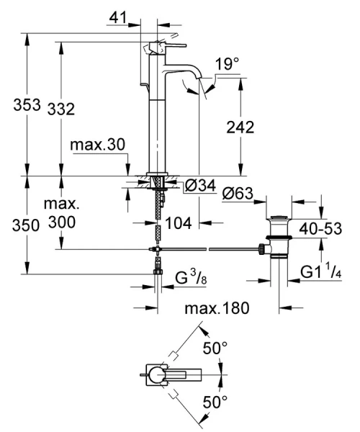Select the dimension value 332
pyautogui.click(x=62, y=108)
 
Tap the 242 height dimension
pyautogui.click(x=240, y=127)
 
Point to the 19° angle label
pyautogui.click(x=227, y=65)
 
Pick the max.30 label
pyautogui.click(x=99, y=145)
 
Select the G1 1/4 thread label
pyautogui.click(x=322, y=271)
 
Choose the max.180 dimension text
pyautogui.click(x=216, y=309)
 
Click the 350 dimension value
pyautogui.click(x=17, y=225)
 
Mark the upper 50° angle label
pyautogui.click(x=215, y=348)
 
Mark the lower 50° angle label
pyautogui.click(x=215, y=400)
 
